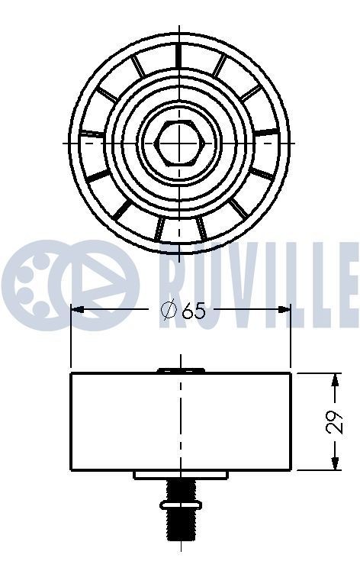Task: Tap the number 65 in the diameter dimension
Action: coord(194,311)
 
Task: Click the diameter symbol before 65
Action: coord(169,311)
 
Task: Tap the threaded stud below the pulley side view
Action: coord(180,523)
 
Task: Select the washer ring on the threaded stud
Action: coord(180,504)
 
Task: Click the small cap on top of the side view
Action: coord(181,370)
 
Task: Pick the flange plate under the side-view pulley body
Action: coord(180,475)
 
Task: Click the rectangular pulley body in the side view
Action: coord(180,421)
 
